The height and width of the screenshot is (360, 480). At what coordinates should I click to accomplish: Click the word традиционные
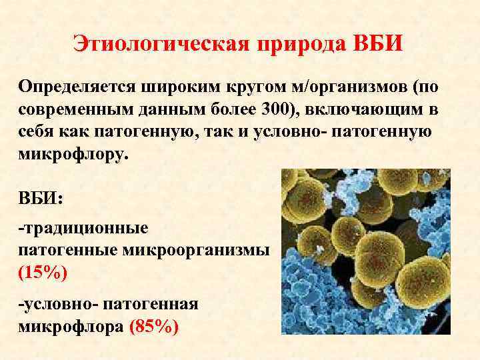coord(83,228)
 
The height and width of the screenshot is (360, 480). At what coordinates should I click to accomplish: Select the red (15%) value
coord(43,272)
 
